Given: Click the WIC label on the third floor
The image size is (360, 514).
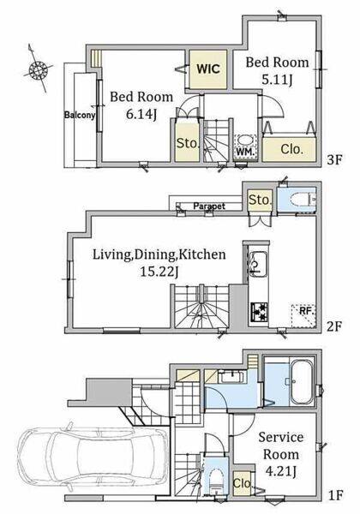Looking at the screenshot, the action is click(x=208, y=69).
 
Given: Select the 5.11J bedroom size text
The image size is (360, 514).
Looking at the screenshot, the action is click(x=278, y=80).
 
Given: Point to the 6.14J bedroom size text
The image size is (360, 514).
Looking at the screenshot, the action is click(x=141, y=115).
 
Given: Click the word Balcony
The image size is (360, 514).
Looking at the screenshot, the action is click(x=80, y=115).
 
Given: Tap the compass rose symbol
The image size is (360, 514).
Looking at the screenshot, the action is click(x=38, y=70).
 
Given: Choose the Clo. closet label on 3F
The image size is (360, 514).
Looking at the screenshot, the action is click(x=291, y=149).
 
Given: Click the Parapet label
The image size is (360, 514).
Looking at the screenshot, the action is click(x=209, y=206).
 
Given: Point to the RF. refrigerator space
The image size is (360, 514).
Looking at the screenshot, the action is click(x=303, y=315).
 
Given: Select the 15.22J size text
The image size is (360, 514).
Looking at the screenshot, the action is click(x=159, y=272).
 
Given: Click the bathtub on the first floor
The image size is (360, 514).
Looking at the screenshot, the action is click(x=303, y=382).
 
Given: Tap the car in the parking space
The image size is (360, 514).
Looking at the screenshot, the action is click(x=93, y=455).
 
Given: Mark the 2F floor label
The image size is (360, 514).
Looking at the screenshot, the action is click(x=334, y=326).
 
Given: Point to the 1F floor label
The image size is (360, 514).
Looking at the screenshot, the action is click(x=335, y=495).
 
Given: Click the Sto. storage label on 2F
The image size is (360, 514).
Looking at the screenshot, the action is click(x=260, y=200).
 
